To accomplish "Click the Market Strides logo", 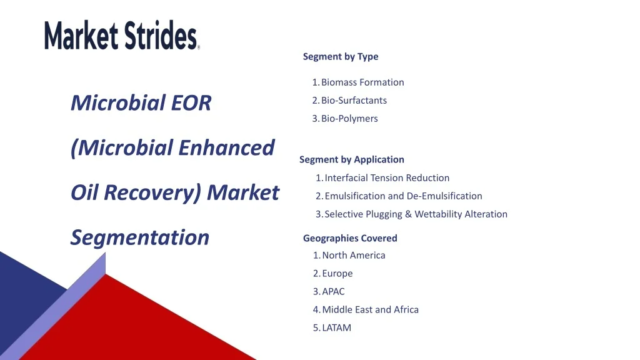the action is click(122, 35).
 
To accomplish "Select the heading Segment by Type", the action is click(341, 56).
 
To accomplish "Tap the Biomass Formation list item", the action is click(358, 82).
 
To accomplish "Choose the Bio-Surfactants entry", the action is click(349, 101).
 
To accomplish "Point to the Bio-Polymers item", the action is click(345, 118).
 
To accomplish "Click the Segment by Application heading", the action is click(352, 159).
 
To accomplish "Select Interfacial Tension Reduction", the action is click(382, 178).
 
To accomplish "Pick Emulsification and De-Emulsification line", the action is click(399, 196).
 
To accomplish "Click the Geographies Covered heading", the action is click(350, 238).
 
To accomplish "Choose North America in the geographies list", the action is click(349, 255).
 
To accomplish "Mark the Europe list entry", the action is click(332, 274).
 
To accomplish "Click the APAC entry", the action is click(329, 291).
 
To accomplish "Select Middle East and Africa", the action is click(366, 309).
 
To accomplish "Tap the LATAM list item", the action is click(332, 327).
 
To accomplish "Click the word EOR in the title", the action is click(191, 103).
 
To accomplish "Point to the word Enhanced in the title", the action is click(226, 147).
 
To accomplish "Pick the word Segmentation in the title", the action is click(140, 237).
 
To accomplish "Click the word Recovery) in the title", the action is click(152, 192).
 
